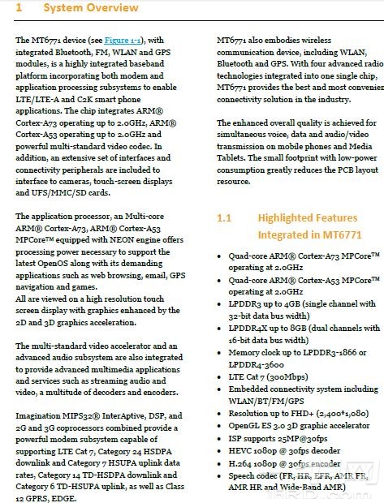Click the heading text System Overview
[90, 9]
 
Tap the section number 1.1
[225, 218]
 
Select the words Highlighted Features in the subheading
[307, 218]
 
